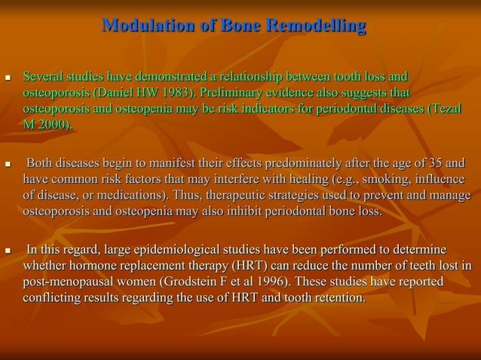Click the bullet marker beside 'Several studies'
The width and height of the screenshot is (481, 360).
coord(8,78)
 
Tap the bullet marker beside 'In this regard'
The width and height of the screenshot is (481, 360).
coord(8,250)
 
